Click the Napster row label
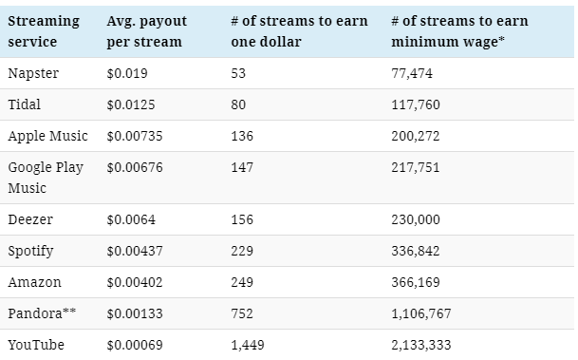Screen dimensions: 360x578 [x=32, y=73]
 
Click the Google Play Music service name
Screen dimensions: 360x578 [x=46, y=178]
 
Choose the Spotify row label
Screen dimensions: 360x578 [x=30, y=251]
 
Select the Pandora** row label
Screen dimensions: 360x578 [x=41, y=313]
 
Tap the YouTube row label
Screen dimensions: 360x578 [x=36, y=344]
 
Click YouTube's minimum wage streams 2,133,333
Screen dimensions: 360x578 [x=422, y=344]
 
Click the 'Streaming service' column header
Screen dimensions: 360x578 [x=44, y=31]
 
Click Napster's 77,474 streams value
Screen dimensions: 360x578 [x=413, y=73]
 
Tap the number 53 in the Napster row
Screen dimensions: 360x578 [x=237, y=73]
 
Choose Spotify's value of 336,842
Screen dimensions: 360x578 [x=417, y=251]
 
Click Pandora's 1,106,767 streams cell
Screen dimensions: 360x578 [x=422, y=313]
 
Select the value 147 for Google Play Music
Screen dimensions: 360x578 [x=242, y=167]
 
